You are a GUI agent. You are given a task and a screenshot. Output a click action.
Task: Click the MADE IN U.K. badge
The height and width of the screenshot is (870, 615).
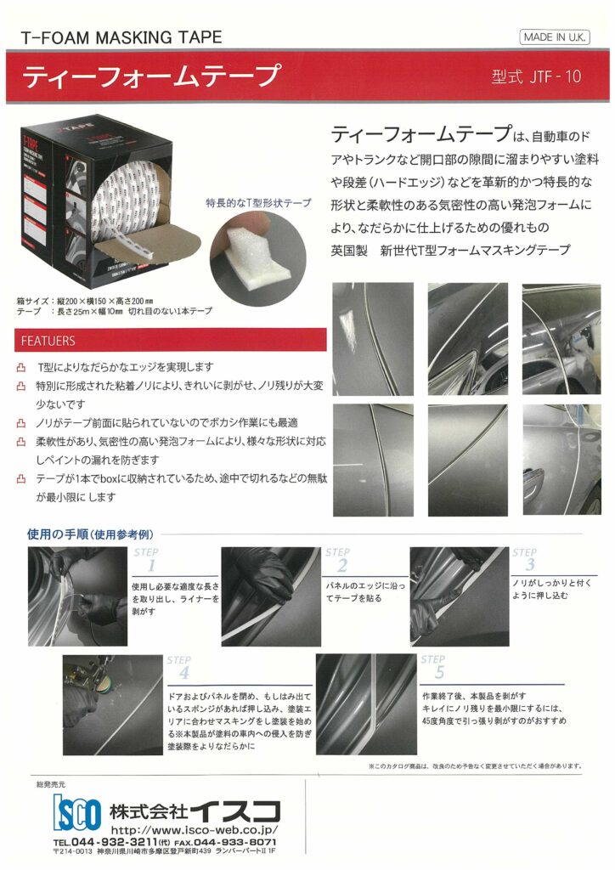555,37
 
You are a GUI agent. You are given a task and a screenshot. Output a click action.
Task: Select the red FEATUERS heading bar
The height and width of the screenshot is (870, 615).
171,341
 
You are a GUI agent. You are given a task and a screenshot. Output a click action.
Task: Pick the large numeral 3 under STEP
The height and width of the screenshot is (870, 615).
529,565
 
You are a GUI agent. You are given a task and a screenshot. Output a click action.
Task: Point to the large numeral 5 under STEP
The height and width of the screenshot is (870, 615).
438,672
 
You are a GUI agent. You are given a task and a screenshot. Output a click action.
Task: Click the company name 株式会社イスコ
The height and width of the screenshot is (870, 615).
197,808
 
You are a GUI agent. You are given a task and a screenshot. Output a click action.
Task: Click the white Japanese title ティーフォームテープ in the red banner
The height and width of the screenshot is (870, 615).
150,76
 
